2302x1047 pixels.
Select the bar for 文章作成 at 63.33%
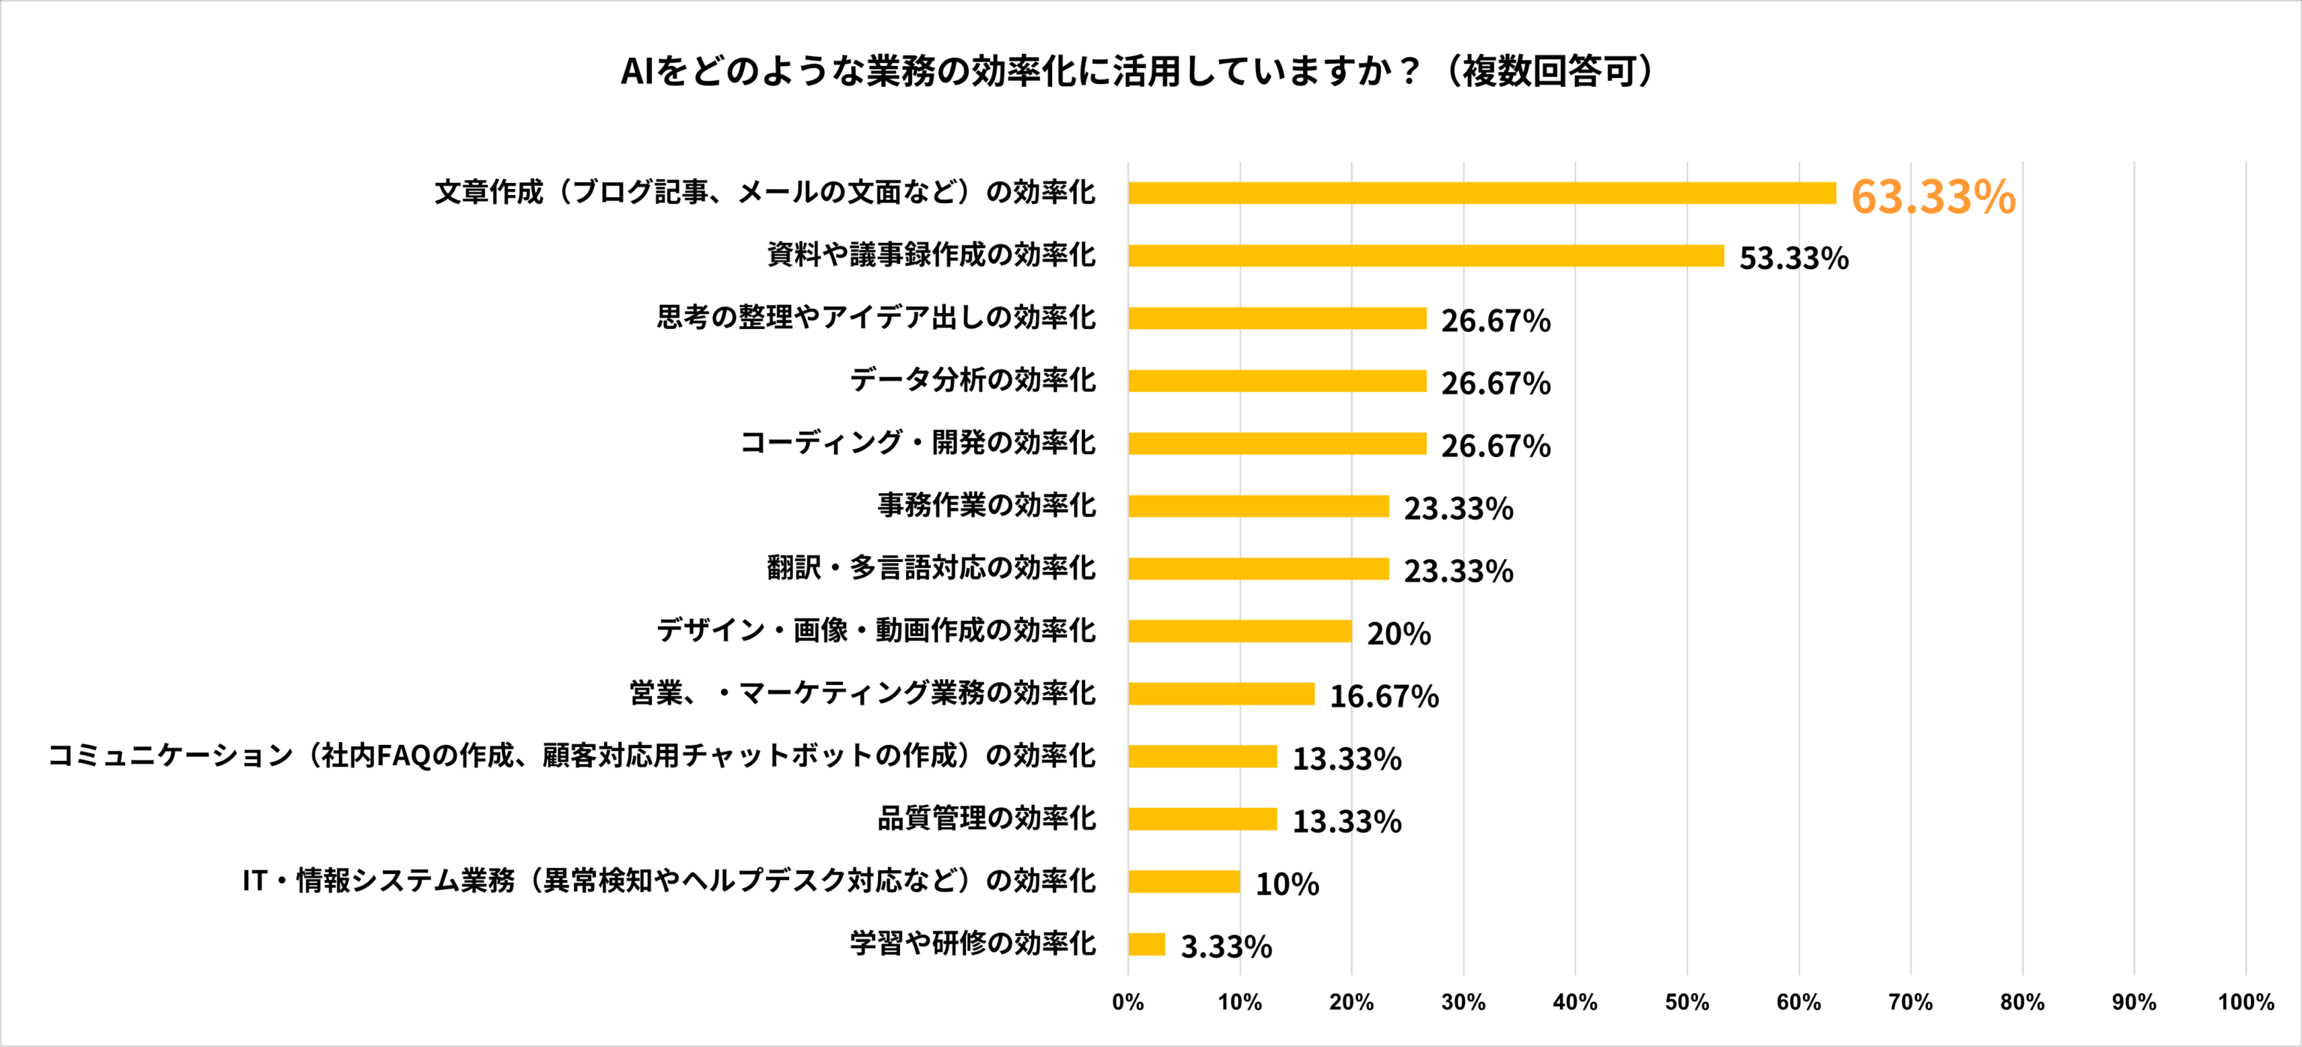(1481, 193)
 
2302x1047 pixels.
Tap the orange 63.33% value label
(1932, 196)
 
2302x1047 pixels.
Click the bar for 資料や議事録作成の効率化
(1425, 256)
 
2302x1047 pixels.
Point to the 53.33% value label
(1792, 259)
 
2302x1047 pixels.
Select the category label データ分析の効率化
(972, 380)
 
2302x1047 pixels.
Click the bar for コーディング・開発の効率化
(1277, 444)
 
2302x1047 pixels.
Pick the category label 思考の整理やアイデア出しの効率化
(876, 318)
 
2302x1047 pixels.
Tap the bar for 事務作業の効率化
(1258, 506)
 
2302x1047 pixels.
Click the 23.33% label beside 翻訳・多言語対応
(1457, 571)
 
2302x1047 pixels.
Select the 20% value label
(1398, 634)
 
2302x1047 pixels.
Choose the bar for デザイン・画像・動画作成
(1239, 631)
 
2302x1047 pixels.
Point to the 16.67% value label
(1383, 696)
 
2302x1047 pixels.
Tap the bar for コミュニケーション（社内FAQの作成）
(1202, 756)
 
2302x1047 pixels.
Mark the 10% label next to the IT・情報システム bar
(1286, 884)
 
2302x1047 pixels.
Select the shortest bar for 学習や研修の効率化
(1147, 944)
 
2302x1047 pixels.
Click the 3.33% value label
(1225, 947)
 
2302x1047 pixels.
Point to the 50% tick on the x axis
(1686, 1002)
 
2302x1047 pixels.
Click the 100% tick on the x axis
(2245, 1002)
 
